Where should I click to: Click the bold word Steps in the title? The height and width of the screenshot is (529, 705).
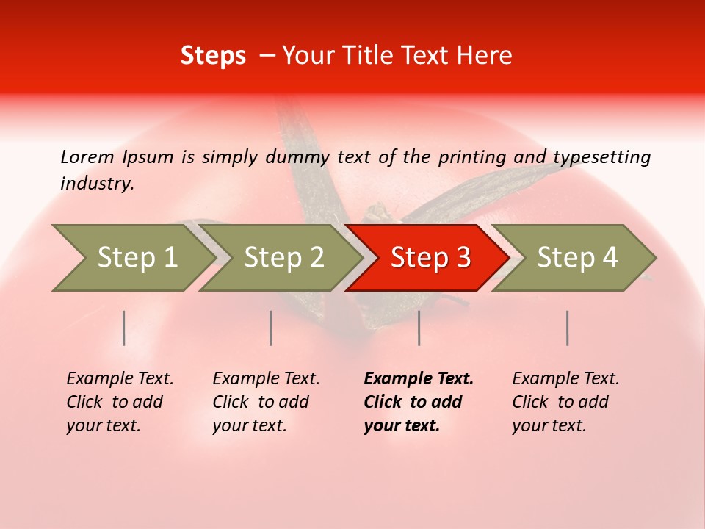[213, 56]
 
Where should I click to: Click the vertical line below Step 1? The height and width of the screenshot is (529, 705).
[124, 328]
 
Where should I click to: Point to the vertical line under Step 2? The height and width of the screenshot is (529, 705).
[271, 328]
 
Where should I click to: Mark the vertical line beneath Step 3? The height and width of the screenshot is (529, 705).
[419, 328]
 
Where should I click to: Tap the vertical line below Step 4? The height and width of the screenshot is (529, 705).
[568, 328]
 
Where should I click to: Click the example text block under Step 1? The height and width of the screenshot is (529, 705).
[119, 402]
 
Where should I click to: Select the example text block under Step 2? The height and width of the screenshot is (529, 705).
[265, 402]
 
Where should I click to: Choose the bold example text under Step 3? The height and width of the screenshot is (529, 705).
[418, 402]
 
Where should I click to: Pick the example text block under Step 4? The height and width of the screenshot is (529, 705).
[565, 402]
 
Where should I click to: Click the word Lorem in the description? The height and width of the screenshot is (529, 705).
[87, 156]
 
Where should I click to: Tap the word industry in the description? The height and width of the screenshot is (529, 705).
[96, 184]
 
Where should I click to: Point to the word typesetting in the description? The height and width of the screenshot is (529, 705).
[601, 157]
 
